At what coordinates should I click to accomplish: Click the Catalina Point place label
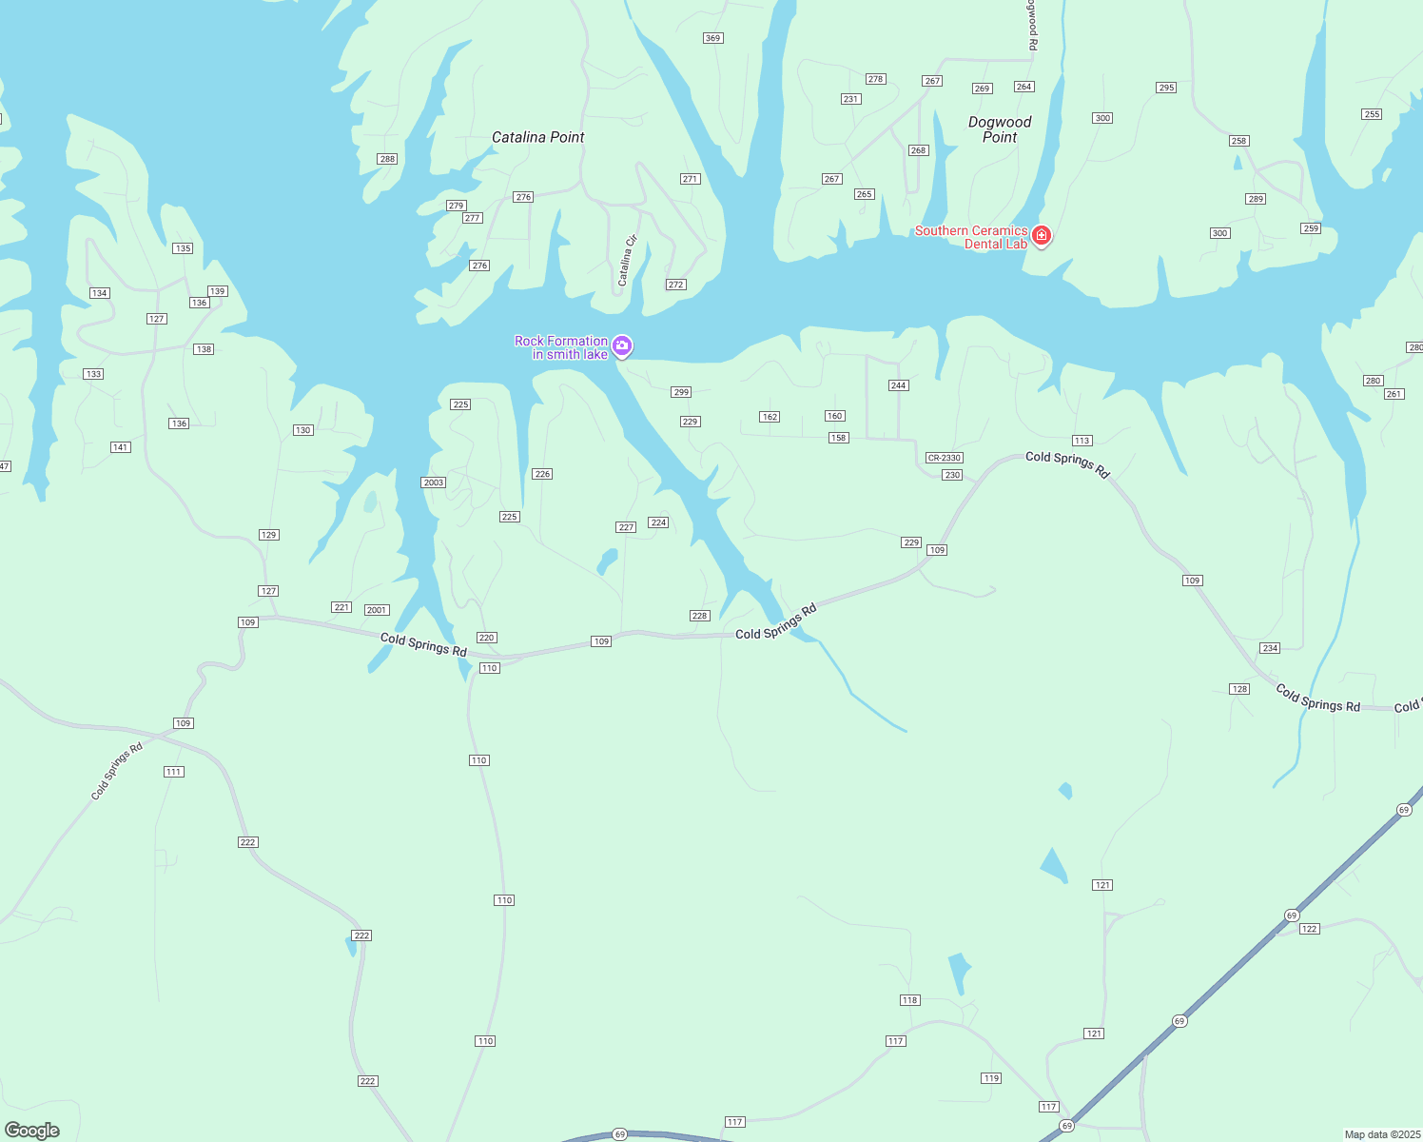537,137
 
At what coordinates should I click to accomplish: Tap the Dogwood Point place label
1000,129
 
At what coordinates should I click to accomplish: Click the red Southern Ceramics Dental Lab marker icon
1042,235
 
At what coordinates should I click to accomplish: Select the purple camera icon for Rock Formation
622,345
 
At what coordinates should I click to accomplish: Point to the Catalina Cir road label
627,261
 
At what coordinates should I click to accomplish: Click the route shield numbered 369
712,38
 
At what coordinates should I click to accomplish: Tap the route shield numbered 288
387,159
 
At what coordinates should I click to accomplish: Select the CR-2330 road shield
945,458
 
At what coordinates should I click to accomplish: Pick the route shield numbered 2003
434,482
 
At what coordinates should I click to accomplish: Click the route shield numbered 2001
377,610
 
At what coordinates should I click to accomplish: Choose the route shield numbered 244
898,385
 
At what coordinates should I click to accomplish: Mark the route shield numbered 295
1166,88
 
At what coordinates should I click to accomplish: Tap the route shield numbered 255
1371,114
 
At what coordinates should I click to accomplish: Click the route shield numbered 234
1270,648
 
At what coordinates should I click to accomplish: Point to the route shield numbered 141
120,447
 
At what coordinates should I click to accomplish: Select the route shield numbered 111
173,772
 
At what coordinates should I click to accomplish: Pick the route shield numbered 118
910,1000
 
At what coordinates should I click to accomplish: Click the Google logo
32,1131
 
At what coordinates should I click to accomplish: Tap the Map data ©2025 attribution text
1381,1134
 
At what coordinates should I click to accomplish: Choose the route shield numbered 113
1082,441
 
